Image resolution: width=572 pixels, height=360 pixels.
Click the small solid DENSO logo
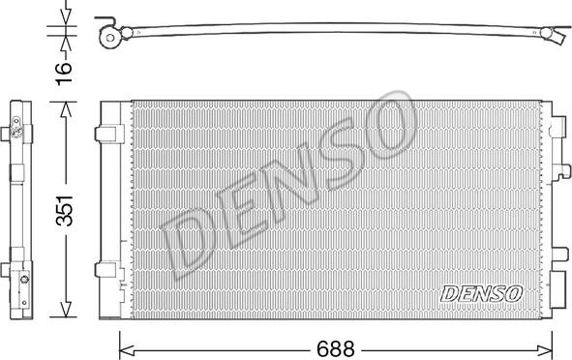481,292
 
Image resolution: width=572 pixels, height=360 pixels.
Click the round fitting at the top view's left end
112,38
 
